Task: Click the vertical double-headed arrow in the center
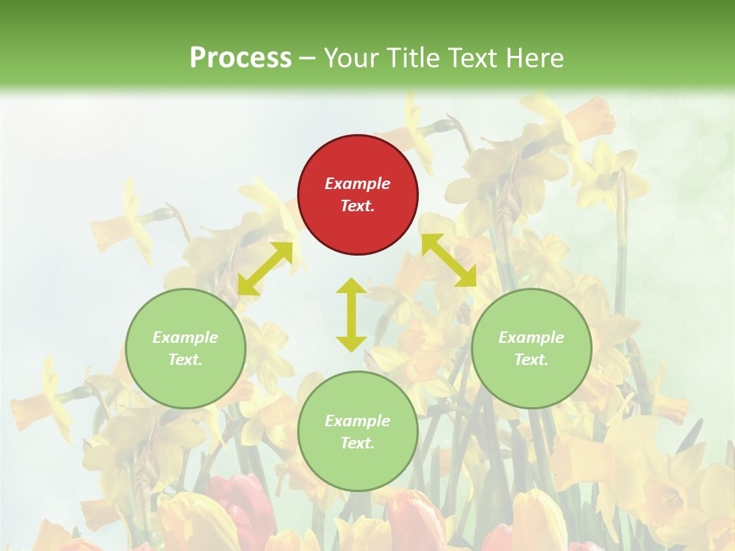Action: pos(351,315)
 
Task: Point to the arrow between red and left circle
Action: pos(265,269)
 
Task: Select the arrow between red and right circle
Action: pos(449,261)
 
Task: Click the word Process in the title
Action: pos(240,57)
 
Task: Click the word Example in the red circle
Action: pos(358,184)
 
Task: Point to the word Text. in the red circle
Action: pos(358,206)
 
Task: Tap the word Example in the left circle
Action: pos(185,337)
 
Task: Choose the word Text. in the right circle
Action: pos(531,360)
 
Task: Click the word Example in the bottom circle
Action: pos(358,421)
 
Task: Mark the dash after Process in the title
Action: pos(307,57)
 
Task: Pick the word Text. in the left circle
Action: pos(185,360)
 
